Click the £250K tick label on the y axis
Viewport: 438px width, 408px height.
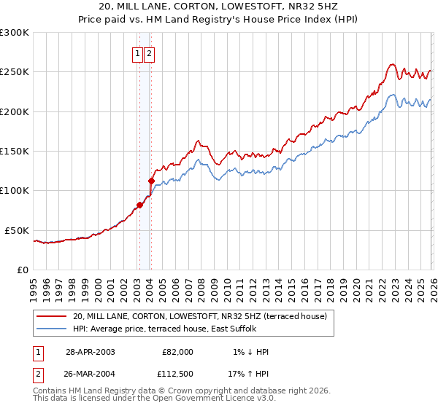tap(14, 72)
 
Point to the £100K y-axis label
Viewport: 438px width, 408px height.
tap(14, 190)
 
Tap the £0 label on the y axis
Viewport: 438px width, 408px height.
tap(22, 270)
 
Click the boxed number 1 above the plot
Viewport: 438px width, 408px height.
tap(138, 53)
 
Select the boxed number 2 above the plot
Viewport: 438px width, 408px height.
tap(150, 53)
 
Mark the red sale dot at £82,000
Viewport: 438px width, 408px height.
tap(139, 205)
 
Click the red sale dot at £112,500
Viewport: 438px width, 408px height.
tap(151, 181)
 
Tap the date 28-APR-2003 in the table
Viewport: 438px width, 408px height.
tap(90, 352)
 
